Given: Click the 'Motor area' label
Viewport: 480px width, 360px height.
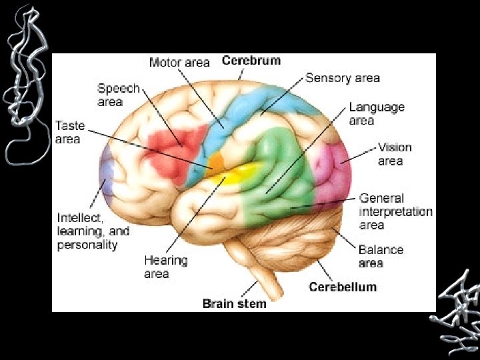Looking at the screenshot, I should tap(179, 63).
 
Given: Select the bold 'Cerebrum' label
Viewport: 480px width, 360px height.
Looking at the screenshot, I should tap(251, 61).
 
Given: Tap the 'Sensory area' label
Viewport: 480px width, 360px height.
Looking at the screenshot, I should tap(343, 78).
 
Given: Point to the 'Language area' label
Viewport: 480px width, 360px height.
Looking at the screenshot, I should tap(377, 113).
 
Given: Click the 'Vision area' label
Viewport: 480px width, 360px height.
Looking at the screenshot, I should tap(395, 154).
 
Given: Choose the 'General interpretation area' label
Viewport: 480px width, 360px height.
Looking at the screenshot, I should tap(396, 211).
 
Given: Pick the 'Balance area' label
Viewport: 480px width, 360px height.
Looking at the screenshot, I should tap(381, 256).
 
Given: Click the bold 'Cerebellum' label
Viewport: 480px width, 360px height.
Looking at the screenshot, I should tap(343, 287).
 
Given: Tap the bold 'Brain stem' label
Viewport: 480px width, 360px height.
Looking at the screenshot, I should tap(235, 303).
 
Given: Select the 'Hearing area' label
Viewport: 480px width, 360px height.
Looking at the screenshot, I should tap(166, 267).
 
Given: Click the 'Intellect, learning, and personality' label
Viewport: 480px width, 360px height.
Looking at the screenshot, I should tap(93, 231).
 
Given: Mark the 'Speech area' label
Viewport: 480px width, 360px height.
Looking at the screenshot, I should tap(118, 95).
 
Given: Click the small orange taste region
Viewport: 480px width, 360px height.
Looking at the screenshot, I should tap(216, 162).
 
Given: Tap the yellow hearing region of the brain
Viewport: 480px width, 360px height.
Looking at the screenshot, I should tap(237, 174).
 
